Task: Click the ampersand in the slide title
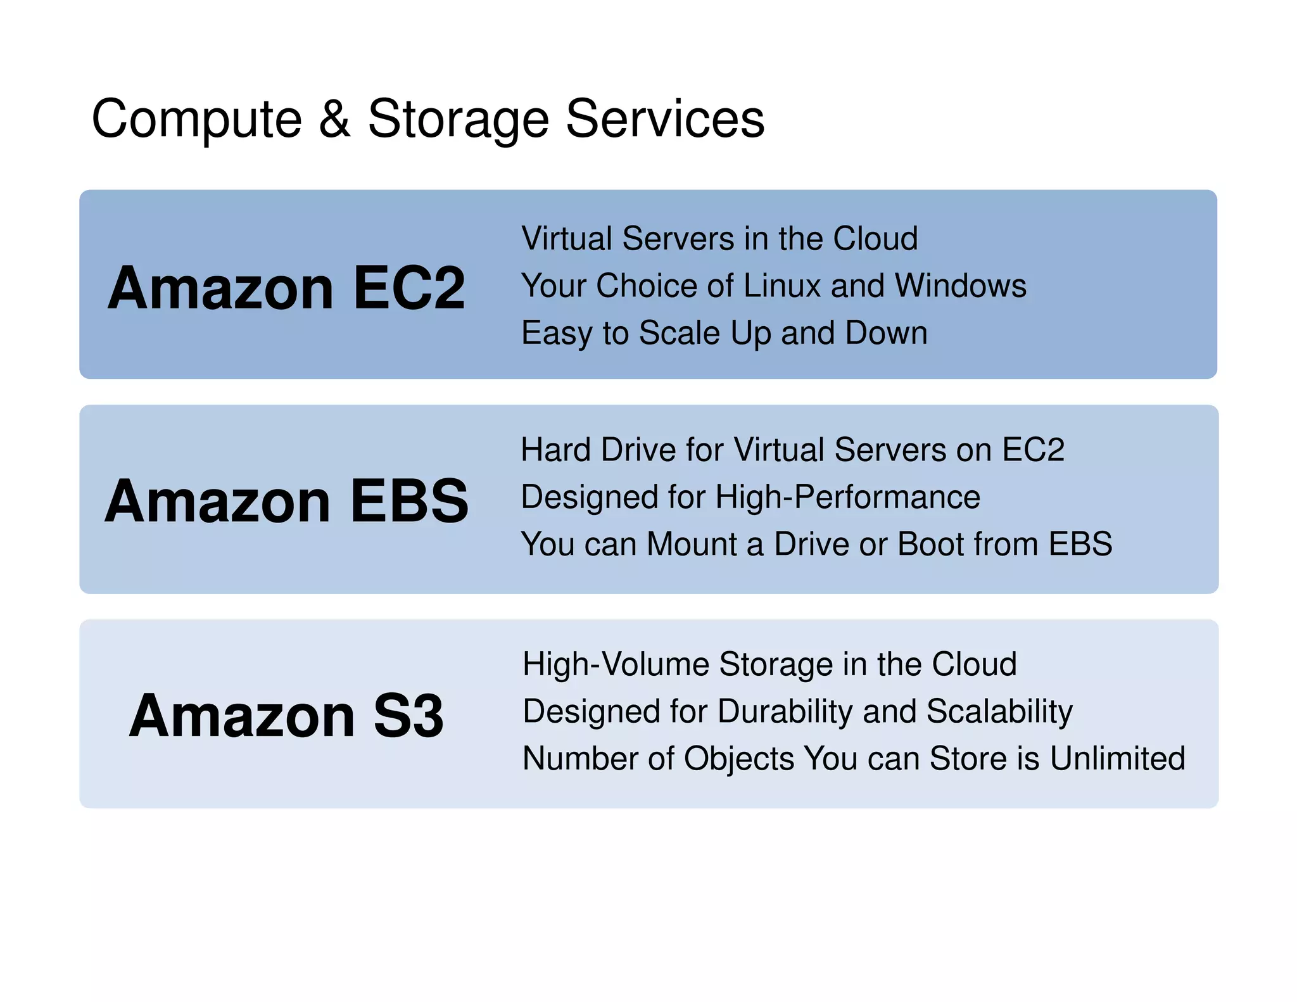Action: coord(334,119)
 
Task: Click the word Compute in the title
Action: coord(197,120)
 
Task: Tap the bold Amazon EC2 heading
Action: coord(286,288)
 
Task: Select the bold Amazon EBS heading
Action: coord(286,501)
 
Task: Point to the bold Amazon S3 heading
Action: coord(286,716)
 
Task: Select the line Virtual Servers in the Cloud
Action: coord(719,239)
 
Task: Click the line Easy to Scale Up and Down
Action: coord(724,333)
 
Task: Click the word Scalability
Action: coord(999,712)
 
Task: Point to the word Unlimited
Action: coord(1117,759)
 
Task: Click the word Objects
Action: coord(739,759)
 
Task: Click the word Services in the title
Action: coord(665,119)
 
